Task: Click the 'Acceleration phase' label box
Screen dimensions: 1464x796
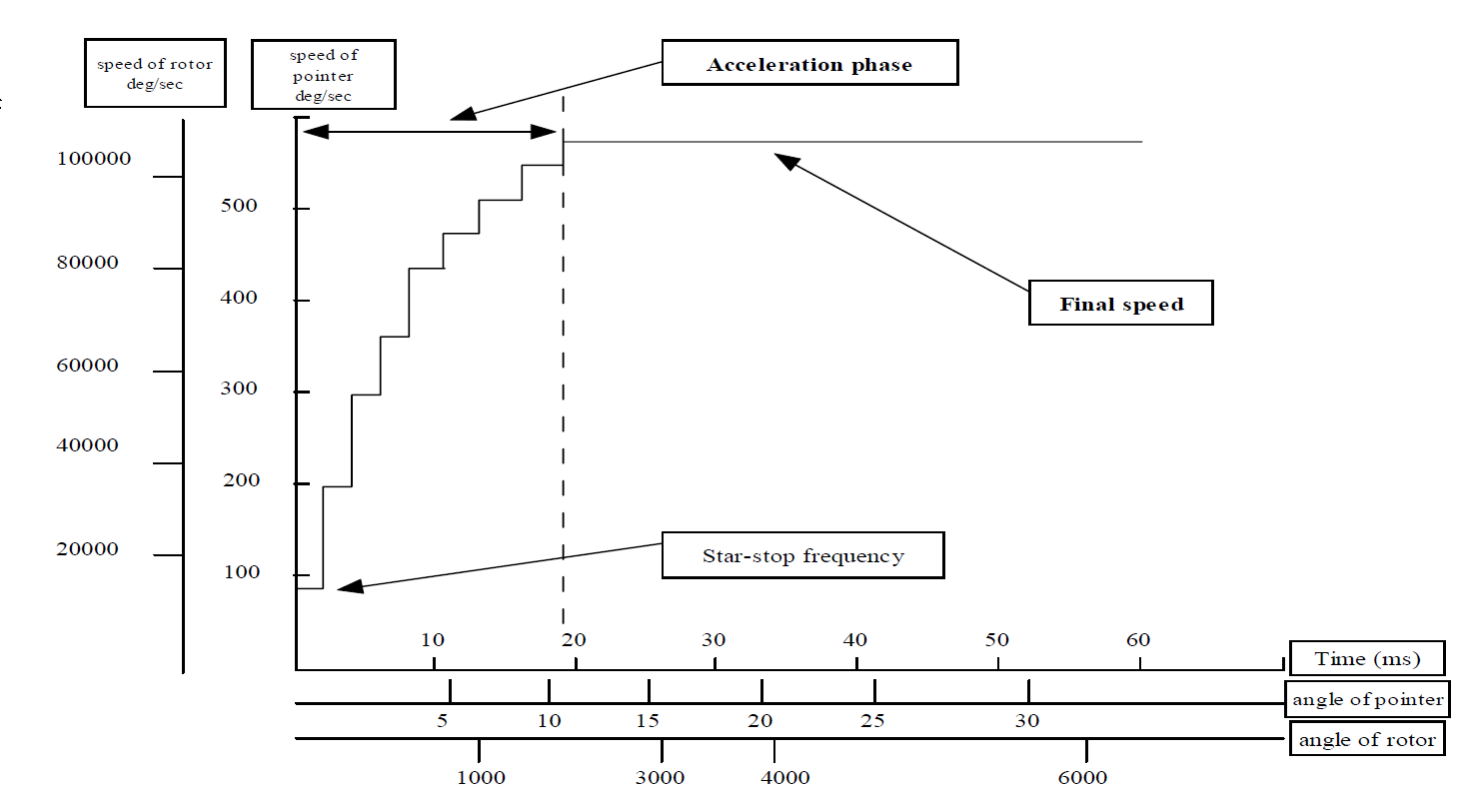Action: [809, 63]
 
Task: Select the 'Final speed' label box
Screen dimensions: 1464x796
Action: [1121, 303]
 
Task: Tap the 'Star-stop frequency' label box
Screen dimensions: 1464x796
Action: [803, 555]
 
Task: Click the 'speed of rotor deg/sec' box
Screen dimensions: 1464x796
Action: [155, 73]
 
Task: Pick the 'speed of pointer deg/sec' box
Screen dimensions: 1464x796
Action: [324, 75]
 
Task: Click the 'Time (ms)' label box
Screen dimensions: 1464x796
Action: [1367, 658]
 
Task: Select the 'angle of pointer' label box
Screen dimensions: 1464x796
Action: [1367, 699]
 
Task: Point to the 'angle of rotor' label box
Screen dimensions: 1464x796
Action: [1367, 739]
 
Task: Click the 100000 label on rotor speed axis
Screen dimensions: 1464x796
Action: [94, 158]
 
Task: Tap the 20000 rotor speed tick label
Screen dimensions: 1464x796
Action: [88, 548]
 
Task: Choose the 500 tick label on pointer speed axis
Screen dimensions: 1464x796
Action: [239, 205]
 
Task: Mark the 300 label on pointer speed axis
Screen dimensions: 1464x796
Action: [239, 388]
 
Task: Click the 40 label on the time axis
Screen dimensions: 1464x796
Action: [854, 640]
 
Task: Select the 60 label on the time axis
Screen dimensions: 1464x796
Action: [1138, 640]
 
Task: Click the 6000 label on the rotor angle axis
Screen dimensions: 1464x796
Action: [1082, 777]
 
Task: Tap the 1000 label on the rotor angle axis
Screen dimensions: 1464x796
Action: [481, 777]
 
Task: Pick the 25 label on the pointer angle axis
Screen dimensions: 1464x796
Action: [872, 721]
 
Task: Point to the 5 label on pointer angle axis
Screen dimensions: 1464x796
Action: [443, 721]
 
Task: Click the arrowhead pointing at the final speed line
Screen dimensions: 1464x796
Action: [786, 161]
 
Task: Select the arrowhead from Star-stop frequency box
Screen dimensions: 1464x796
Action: [351, 585]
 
